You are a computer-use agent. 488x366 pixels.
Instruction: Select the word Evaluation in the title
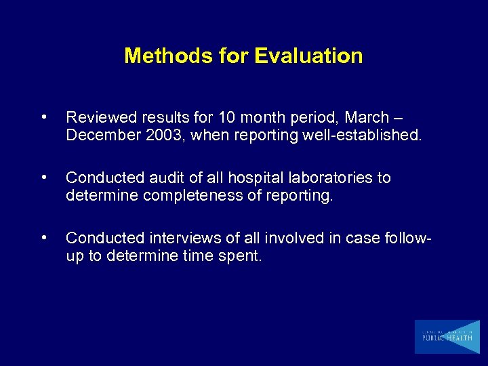(308, 56)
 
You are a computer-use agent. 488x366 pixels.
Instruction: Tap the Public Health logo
(447, 337)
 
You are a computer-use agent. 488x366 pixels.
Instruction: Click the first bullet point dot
(44, 117)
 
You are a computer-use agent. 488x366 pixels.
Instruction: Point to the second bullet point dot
(44, 178)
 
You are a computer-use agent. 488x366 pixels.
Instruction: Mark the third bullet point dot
(44, 238)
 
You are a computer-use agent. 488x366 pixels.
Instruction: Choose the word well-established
(363, 136)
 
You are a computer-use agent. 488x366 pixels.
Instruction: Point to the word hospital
(239, 178)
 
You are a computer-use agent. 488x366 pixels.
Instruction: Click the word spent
(241, 256)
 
